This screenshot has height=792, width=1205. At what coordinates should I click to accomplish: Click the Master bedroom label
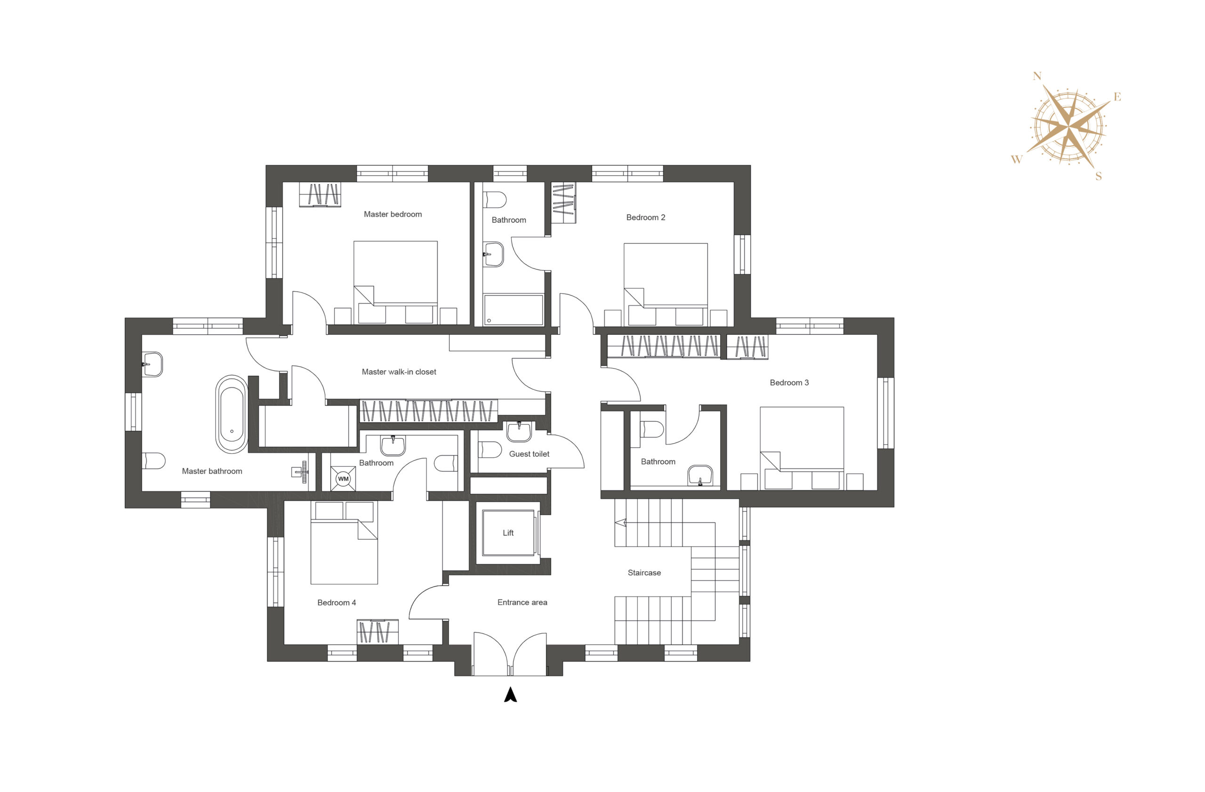point(393,214)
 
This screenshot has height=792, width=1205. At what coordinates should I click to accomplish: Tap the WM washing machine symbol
point(343,478)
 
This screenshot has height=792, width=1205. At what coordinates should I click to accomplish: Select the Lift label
point(508,533)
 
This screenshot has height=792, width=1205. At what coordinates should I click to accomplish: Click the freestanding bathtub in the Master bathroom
point(232,414)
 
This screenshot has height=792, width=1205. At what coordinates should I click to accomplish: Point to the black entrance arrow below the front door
point(510,695)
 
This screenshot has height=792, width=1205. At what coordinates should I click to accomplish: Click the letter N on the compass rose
point(1037,76)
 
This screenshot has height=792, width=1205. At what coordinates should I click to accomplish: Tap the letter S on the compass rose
point(1098,176)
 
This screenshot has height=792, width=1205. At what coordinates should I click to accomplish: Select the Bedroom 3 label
point(789,383)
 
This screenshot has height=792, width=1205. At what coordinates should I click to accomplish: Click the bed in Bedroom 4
point(344,543)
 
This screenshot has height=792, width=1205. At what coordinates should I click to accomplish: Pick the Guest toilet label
point(529,454)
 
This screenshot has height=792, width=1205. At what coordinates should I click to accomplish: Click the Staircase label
point(644,573)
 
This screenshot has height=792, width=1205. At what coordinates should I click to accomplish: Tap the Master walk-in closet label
point(399,372)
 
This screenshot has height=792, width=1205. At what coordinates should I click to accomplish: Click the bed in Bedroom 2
point(665,284)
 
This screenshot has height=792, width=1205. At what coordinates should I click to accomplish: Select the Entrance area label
point(522,602)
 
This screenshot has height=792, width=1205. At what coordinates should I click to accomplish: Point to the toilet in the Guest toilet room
point(489,450)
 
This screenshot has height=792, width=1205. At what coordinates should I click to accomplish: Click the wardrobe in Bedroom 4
point(377,631)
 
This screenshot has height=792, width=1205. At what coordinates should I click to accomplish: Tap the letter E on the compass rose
point(1117,97)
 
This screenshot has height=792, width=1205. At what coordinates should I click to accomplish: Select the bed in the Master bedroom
point(395,283)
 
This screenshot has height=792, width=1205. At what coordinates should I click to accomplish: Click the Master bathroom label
point(212,471)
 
